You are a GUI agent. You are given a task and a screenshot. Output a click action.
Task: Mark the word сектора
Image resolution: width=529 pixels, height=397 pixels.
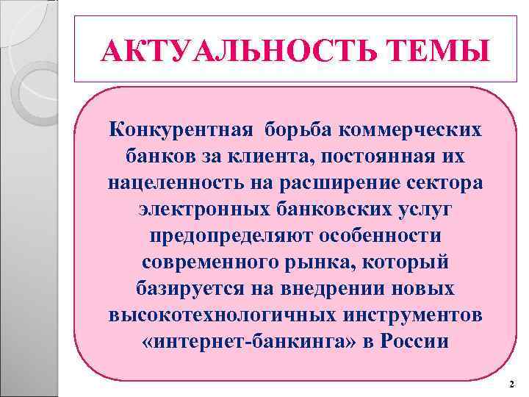click(x=449, y=183)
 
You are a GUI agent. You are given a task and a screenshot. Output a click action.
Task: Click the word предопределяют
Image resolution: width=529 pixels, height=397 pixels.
click(x=226, y=236)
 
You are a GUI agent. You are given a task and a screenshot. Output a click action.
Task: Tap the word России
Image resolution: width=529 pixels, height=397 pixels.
click(x=416, y=342)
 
